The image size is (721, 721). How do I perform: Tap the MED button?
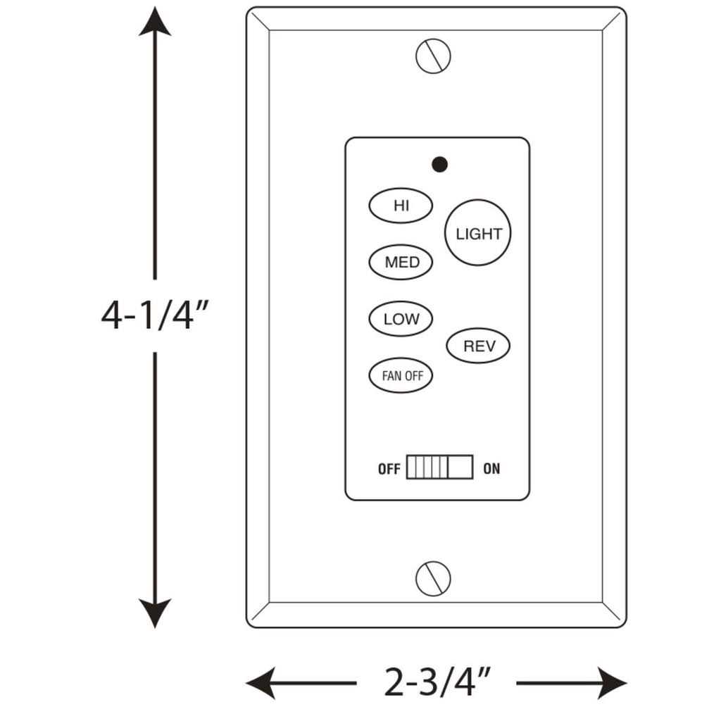pos(401,262)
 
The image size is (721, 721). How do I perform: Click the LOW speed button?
pos(401,319)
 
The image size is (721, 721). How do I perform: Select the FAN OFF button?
pos(401,375)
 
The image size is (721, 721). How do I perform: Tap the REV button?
pos(478,345)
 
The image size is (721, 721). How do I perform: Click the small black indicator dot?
pos(439,164)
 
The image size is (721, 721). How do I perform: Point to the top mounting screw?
pos(433,56)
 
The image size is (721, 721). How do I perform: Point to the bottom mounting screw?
pos(433,579)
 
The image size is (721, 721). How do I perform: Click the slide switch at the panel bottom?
pos(439,468)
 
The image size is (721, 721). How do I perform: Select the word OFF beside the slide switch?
pos(389,468)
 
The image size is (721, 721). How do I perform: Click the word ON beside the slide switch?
pos(491,468)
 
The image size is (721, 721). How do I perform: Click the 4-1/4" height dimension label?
pos(155,315)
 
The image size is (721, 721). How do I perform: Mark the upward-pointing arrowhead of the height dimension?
pos(155,22)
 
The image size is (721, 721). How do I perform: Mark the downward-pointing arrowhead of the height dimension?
pos(155,613)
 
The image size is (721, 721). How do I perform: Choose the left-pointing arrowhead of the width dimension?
pos(261,683)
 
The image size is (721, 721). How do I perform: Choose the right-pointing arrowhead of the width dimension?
pos(612,683)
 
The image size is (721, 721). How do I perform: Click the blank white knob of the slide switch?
pos(460,468)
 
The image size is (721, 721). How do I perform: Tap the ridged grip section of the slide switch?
pos(427,468)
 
